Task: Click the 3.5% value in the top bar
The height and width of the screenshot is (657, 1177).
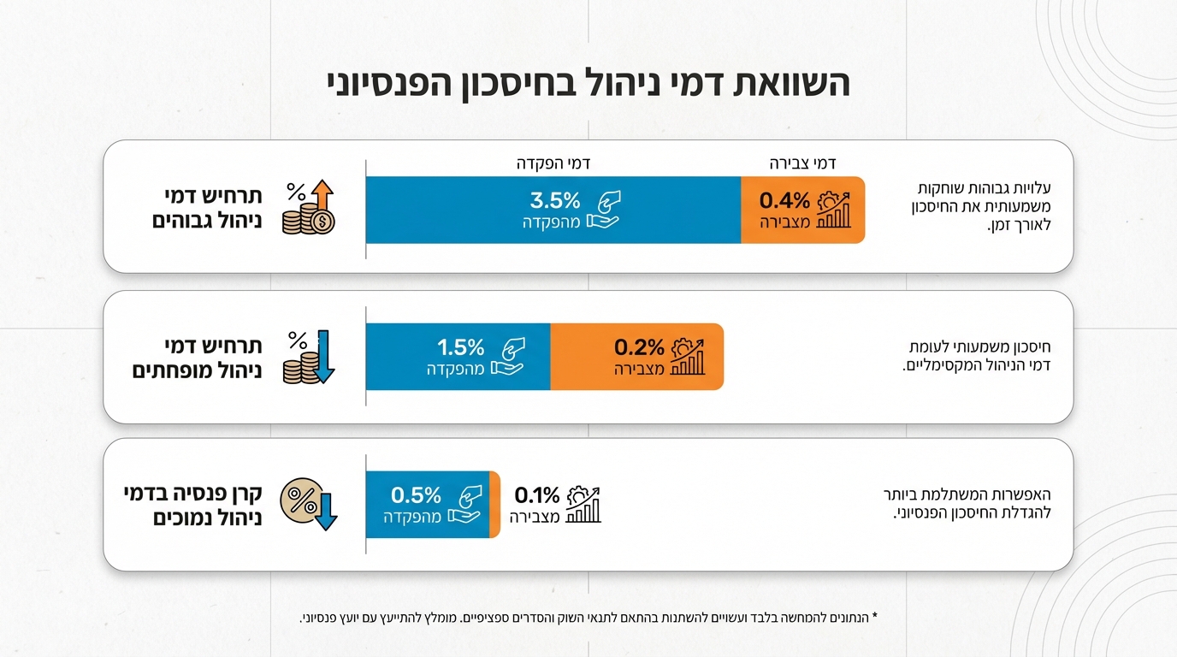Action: [x=555, y=200]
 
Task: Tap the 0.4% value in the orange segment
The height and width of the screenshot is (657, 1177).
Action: [x=784, y=200]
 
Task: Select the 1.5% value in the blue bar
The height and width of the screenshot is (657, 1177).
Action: [x=461, y=347]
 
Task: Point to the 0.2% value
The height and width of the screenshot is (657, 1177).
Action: [x=639, y=347]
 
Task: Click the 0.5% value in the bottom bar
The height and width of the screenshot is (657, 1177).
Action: [x=416, y=494]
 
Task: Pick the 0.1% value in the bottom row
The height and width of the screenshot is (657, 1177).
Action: [x=536, y=494]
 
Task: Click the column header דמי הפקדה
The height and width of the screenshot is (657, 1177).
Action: [x=555, y=163]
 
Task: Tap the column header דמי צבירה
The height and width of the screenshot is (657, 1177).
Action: [x=802, y=163]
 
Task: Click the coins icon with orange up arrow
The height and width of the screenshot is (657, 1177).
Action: [x=309, y=208]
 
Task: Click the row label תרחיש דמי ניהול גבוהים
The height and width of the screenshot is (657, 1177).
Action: [x=207, y=208]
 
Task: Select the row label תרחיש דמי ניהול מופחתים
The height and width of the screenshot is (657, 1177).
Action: [x=197, y=358]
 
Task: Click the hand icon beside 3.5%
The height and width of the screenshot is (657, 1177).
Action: [x=603, y=210]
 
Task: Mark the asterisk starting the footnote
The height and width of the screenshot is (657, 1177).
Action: [x=875, y=616]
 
